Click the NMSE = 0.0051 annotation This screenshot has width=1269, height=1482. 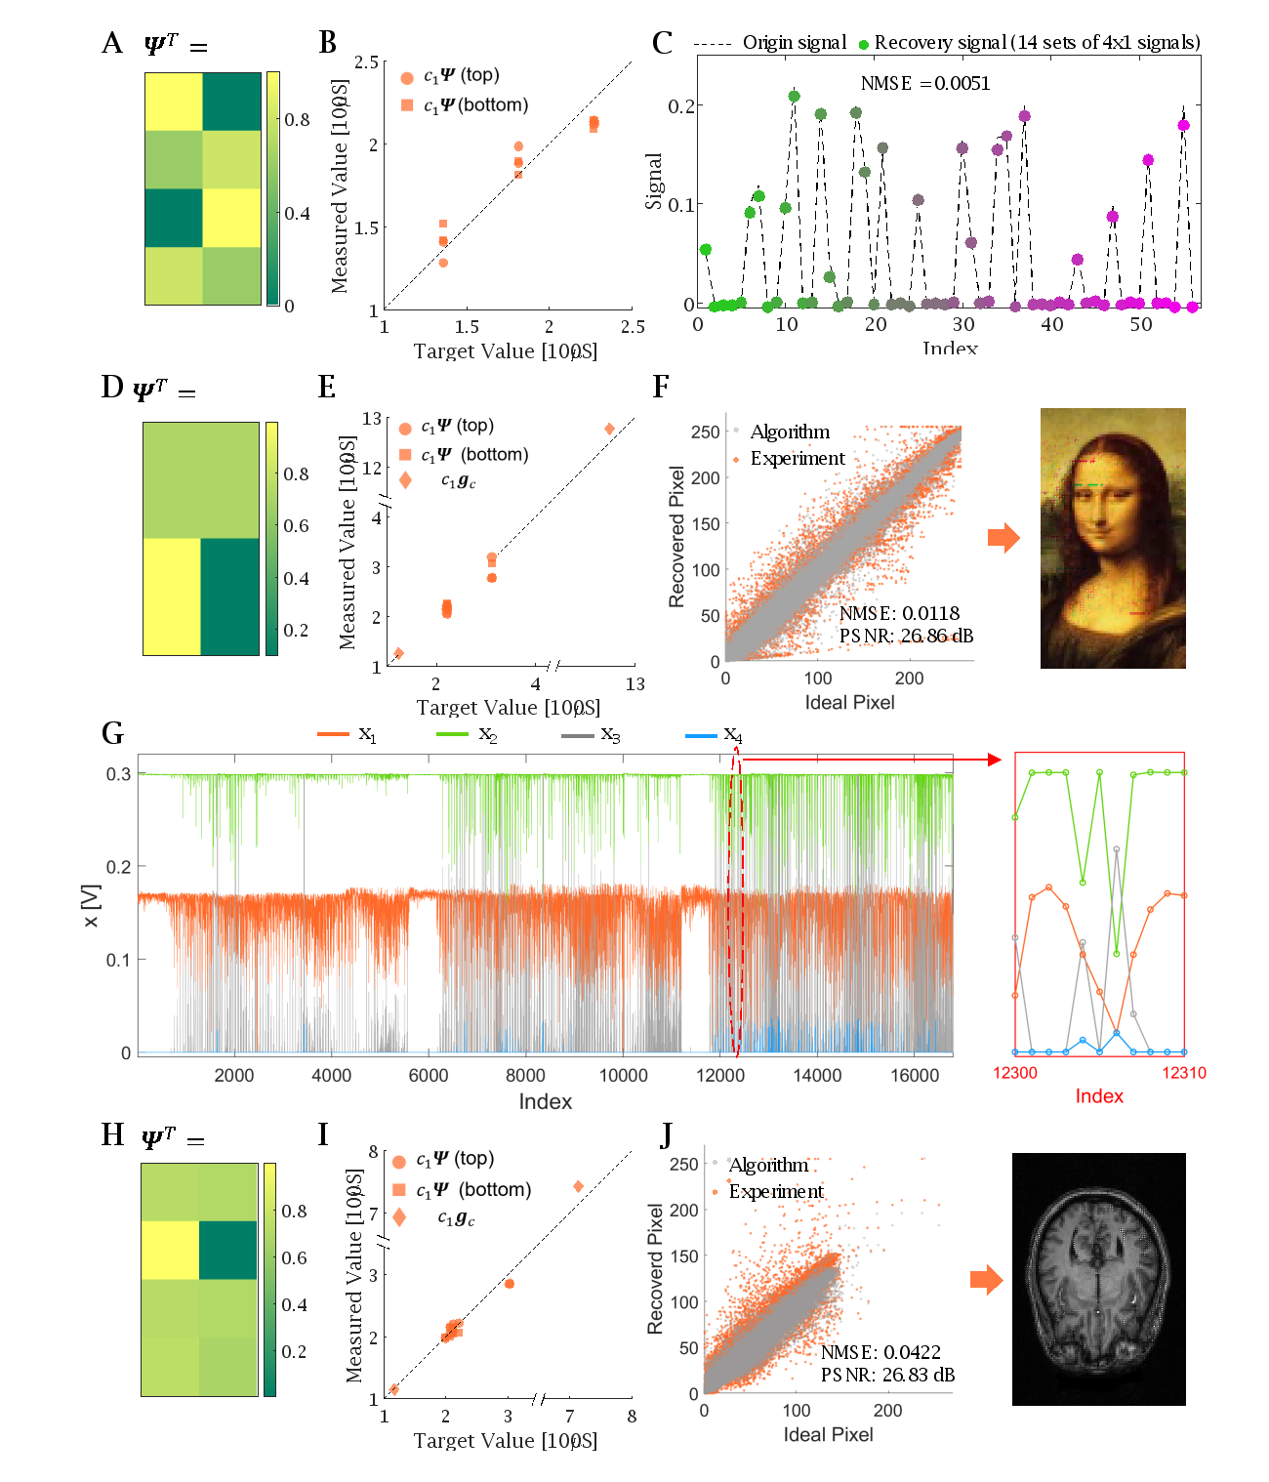tap(924, 84)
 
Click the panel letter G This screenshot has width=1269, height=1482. tap(112, 733)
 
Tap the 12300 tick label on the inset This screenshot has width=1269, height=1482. tap(1015, 1073)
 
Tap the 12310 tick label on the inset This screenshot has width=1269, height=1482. tap(1184, 1073)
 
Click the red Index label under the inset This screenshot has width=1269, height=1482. tap(1099, 1096)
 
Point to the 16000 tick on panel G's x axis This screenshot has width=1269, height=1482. tap(915, 1075)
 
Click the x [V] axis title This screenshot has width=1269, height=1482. tap(92, 906)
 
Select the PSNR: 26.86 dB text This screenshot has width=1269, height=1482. tap(906, 637)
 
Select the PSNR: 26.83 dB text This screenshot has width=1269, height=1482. tap(887, 1376)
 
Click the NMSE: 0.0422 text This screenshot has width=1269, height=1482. tap(880, 1352)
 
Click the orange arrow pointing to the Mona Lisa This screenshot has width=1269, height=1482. tap(1003, 538)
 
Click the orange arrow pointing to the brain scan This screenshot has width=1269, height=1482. tap(987, 1280)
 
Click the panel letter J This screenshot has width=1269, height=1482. tap(667, 1134)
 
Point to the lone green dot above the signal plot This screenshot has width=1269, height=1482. tap(863, 45)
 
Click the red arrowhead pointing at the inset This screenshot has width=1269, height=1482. tap(995, 760)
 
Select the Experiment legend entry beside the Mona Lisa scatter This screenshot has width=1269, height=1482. tap(797, 459)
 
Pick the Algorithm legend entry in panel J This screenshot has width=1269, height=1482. tap(767, 1165)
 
